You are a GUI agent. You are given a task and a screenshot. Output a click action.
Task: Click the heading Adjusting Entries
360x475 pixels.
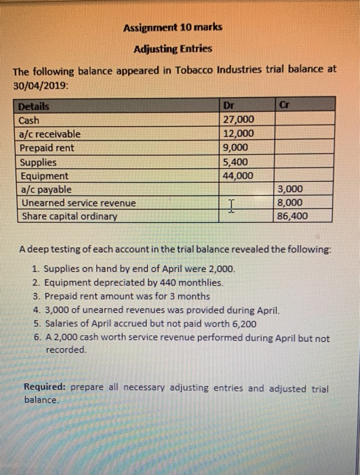pyautogui.click(x=173, y=49)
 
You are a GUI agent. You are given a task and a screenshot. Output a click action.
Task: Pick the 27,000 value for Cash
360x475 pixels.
pyautogui.click(x=238, y=120)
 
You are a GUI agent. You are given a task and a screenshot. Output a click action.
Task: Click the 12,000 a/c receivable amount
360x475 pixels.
pyautogui.click(x=238, y=134)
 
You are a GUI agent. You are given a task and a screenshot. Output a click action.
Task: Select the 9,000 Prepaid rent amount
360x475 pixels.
pyautogui.click(x=235, y=147)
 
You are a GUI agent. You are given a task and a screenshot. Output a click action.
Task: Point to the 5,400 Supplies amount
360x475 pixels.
pyautogui.click(x=235, y=161)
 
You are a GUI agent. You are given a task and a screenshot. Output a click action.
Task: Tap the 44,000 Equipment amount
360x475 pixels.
pyautogui.click(x=238, y=175)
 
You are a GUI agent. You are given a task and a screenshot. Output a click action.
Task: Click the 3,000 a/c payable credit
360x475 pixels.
pyautogui.click(x=291, y=189)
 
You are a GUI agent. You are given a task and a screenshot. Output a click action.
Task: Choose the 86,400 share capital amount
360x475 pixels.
pyautogui.click(x=294, y=216)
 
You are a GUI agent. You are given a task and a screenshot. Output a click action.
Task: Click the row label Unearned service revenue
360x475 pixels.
pyautogui.click(x=78, y=203)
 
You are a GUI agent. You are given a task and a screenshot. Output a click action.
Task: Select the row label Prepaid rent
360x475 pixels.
pyautogui.click(x=47, y=147)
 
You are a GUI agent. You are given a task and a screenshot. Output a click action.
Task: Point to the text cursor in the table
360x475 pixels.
pyautogui.click(x=232, y=204)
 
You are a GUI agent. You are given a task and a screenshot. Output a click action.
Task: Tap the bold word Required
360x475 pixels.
pyautogui.click(x=45, y=388)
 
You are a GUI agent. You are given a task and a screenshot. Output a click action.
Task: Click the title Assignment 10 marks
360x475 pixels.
pyautogui.click(x=172, y=28)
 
